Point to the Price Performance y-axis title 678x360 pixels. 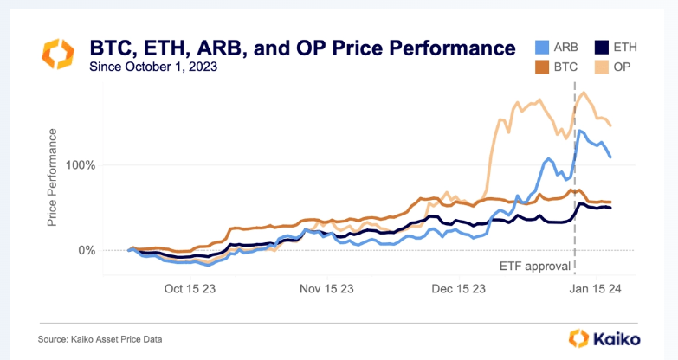[x=53, y=177]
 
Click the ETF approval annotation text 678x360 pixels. [x=534, y=265]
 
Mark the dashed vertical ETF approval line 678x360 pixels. [x=574, y=216]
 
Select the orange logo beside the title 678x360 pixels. [x=60, y=55]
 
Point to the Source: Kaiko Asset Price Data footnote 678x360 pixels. [x=100, y=338]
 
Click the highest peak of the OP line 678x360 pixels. [x=584, y=93]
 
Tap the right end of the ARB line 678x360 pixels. [x=610, y=157]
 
